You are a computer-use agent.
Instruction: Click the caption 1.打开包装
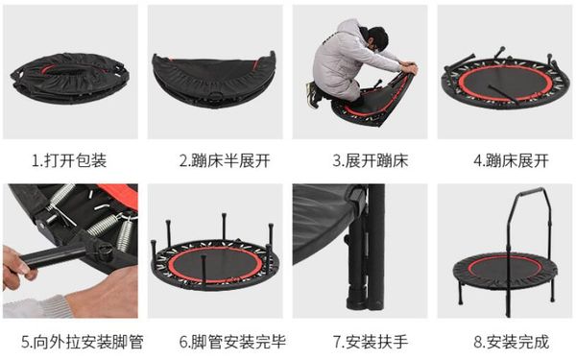[69, 160]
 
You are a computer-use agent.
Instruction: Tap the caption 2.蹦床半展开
[225, 160]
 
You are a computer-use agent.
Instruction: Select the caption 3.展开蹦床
[371, 160]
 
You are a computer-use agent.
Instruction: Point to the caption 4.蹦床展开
[512, 160]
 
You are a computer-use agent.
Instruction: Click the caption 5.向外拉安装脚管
[82, 342]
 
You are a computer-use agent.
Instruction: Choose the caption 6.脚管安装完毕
[232, 342]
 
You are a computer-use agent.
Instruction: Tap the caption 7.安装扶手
[371, 342]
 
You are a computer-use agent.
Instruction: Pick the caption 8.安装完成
[512, 342]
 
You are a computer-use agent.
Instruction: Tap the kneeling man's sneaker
[313, 95]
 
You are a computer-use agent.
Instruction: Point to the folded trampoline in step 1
[70, 78]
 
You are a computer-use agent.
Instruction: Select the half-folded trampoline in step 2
[214, 80]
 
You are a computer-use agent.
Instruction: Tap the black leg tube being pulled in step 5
[54, 256]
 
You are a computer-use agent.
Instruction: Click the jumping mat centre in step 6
[216, 265]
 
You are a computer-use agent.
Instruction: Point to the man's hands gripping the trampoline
[409, 69]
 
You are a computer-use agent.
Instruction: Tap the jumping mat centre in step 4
[504, 82]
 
